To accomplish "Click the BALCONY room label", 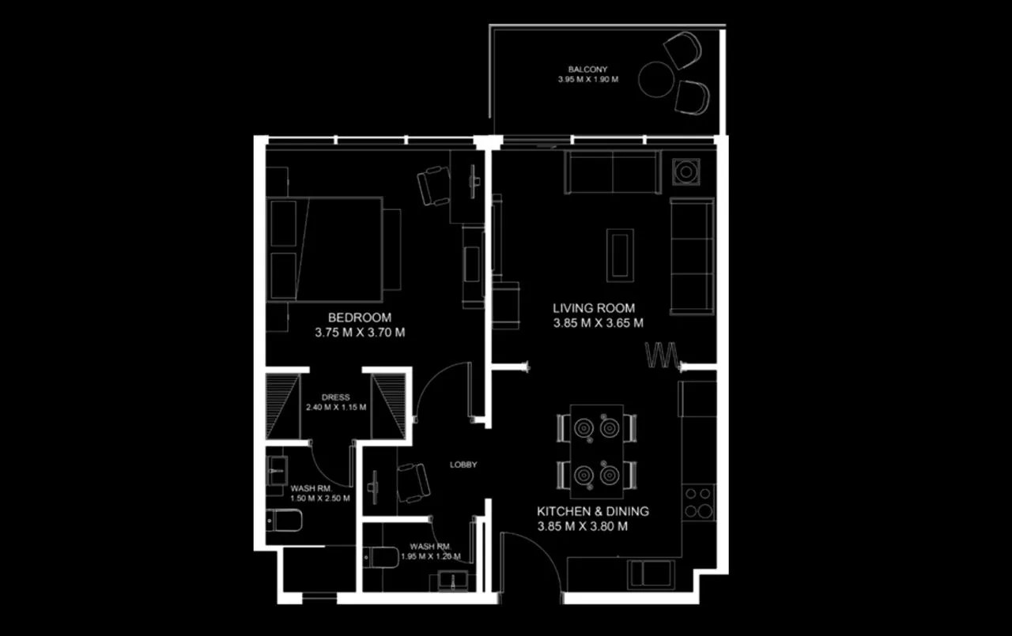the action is point(587,70).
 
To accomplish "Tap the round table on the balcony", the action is point(656,80).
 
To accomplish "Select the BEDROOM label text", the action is point(360,318).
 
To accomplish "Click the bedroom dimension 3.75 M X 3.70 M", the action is point(360,333).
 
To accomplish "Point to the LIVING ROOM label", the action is point(594,308).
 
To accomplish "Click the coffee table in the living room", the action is point(620,255).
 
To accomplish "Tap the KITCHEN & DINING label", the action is point(593,511).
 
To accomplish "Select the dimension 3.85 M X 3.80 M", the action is point(583,526).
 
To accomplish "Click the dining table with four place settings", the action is point(597,451).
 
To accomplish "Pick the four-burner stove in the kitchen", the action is point(698,502).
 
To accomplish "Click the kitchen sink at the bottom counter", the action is point(651,574).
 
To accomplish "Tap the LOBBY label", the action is point(463,465).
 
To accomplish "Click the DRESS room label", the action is point(335,397).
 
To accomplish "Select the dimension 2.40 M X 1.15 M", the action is point(336,407).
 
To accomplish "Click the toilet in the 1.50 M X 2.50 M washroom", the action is point(284,521).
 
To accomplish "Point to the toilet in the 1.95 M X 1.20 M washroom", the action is point(381,558).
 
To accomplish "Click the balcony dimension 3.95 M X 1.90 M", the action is point(587,80).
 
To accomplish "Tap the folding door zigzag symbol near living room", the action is point(662,355).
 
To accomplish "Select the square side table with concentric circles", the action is point(685,171).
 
